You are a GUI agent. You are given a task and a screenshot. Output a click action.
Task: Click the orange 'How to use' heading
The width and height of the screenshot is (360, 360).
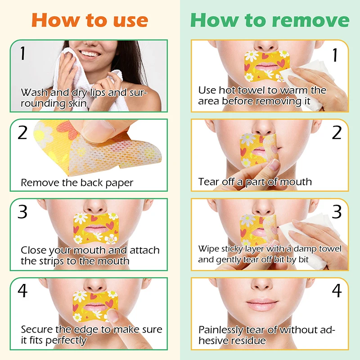click(x=90, y=20)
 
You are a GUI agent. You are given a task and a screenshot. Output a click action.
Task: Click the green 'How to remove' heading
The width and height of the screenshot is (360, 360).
click(x=270, y=20)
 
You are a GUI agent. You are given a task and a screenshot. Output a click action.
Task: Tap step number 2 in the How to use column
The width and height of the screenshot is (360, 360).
click(x=22, y=132)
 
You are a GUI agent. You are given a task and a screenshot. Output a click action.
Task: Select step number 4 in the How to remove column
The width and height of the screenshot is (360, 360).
click(x=337, y=291)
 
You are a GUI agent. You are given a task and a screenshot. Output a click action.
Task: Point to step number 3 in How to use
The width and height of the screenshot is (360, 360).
click(x=22, y=211)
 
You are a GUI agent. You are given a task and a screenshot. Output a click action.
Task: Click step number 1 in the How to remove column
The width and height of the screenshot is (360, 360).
click(x=335, y=55)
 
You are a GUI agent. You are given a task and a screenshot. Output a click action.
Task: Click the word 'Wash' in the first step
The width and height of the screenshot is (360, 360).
click(x=35, y=93)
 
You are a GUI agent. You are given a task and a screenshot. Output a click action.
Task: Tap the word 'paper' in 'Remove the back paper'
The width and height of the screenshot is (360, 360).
click(x=119, y=184)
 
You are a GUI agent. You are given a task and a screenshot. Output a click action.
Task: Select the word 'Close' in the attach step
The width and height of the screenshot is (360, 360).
click(x=33, y=250)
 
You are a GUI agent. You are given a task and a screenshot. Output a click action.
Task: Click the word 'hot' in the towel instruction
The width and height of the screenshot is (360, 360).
click(x=227, y=90)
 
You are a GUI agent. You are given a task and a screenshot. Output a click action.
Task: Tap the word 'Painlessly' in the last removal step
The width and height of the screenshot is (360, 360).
click(x=220, y=330)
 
